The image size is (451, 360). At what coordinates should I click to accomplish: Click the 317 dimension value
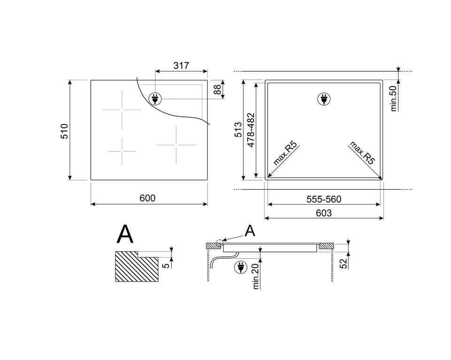(x=181, y=66)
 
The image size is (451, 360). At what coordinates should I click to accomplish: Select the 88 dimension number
(x=218, y=89)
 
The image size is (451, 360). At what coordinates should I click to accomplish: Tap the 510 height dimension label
(x=64, y=131)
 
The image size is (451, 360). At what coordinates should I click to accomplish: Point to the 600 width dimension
(x=147, y=198)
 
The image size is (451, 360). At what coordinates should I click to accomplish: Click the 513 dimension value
(x=239, y=130)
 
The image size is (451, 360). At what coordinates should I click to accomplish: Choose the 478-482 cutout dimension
(x=251, y=130)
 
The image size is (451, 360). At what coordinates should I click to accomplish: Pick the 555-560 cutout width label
(x=324, y=199)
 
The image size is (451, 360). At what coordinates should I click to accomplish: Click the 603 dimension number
(x=324, y=213)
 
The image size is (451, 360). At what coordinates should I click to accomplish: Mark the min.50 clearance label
(x=394, y=98)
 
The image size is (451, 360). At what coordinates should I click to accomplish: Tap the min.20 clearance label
(x=256, y=276)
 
